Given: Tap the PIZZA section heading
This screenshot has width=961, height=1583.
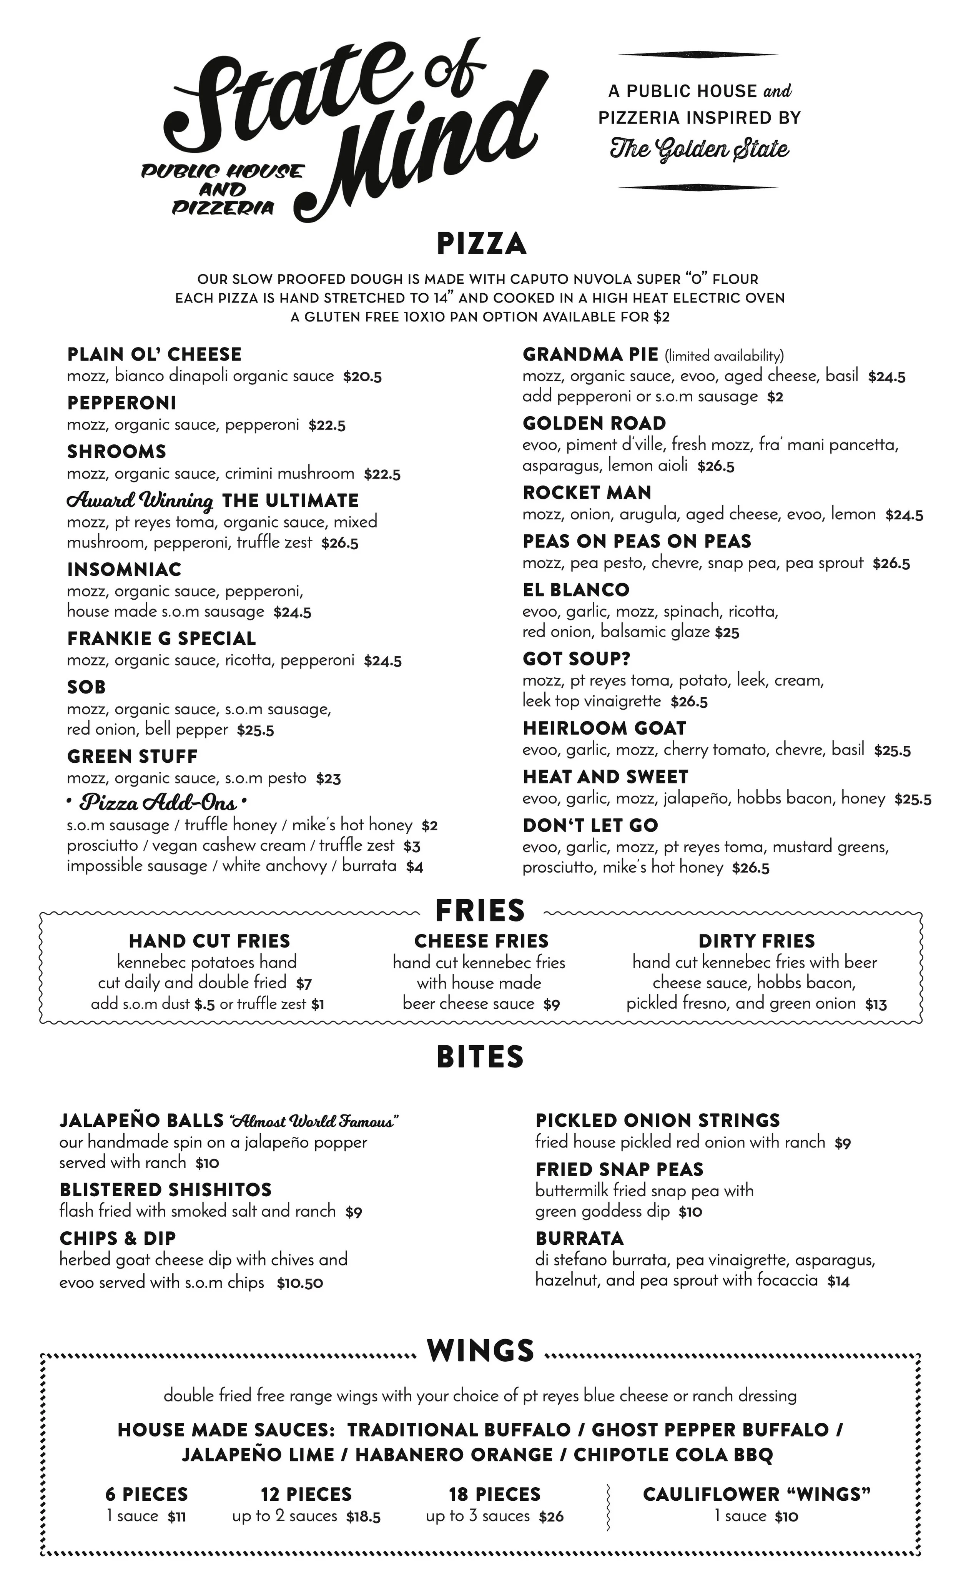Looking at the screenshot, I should click(x=481, y=244).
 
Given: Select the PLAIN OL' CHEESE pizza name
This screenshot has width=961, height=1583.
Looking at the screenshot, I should click(x=154, y=355).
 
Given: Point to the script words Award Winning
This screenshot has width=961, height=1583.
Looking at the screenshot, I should click(x=140, y=501).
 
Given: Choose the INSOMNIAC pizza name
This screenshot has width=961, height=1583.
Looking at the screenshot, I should click(x=124, y=570).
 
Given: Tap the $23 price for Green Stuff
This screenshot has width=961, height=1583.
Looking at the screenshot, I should click(x=328, y=779).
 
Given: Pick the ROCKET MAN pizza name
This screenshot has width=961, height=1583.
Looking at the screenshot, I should click(x=587, y=493).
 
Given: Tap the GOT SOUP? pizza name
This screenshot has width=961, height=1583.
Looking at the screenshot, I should click(x=576, y=659).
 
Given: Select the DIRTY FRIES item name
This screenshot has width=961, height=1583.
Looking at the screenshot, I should click(x=756, y=941).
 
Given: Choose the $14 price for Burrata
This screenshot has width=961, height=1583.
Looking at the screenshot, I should click(x=838, y=1282).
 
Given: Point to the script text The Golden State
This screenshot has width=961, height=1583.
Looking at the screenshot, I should click(x=699, y=149).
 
